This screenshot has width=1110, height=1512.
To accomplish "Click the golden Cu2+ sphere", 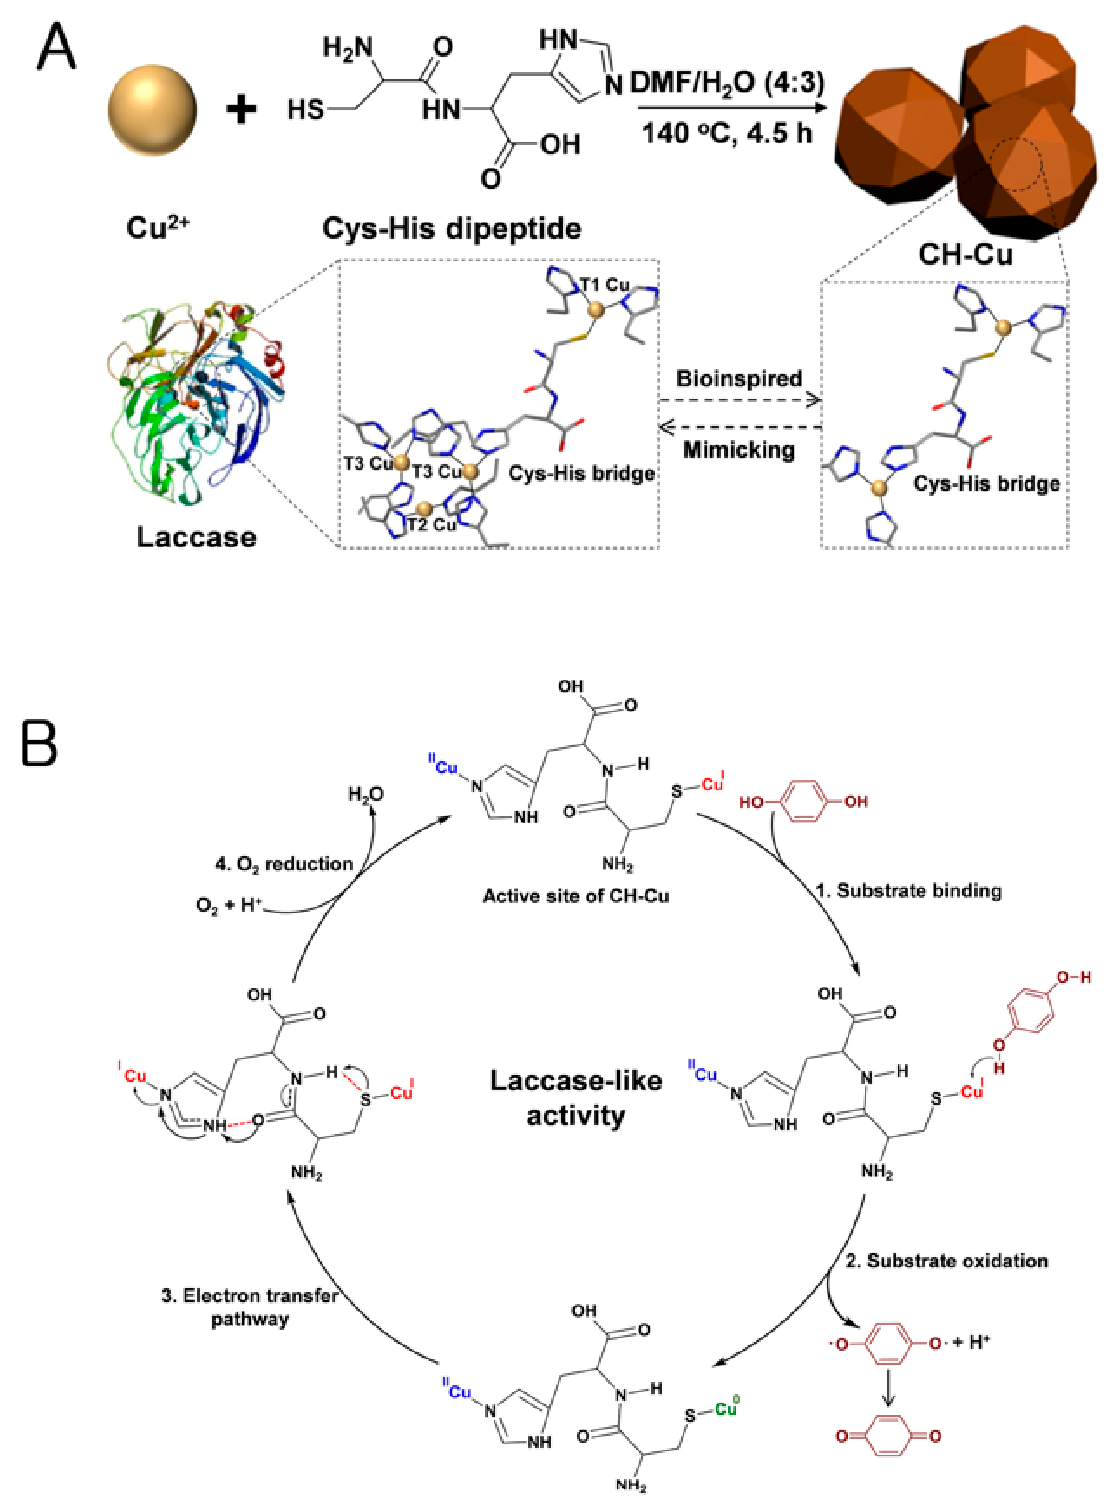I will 153,109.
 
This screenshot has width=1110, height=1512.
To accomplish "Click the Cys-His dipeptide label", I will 451,228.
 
